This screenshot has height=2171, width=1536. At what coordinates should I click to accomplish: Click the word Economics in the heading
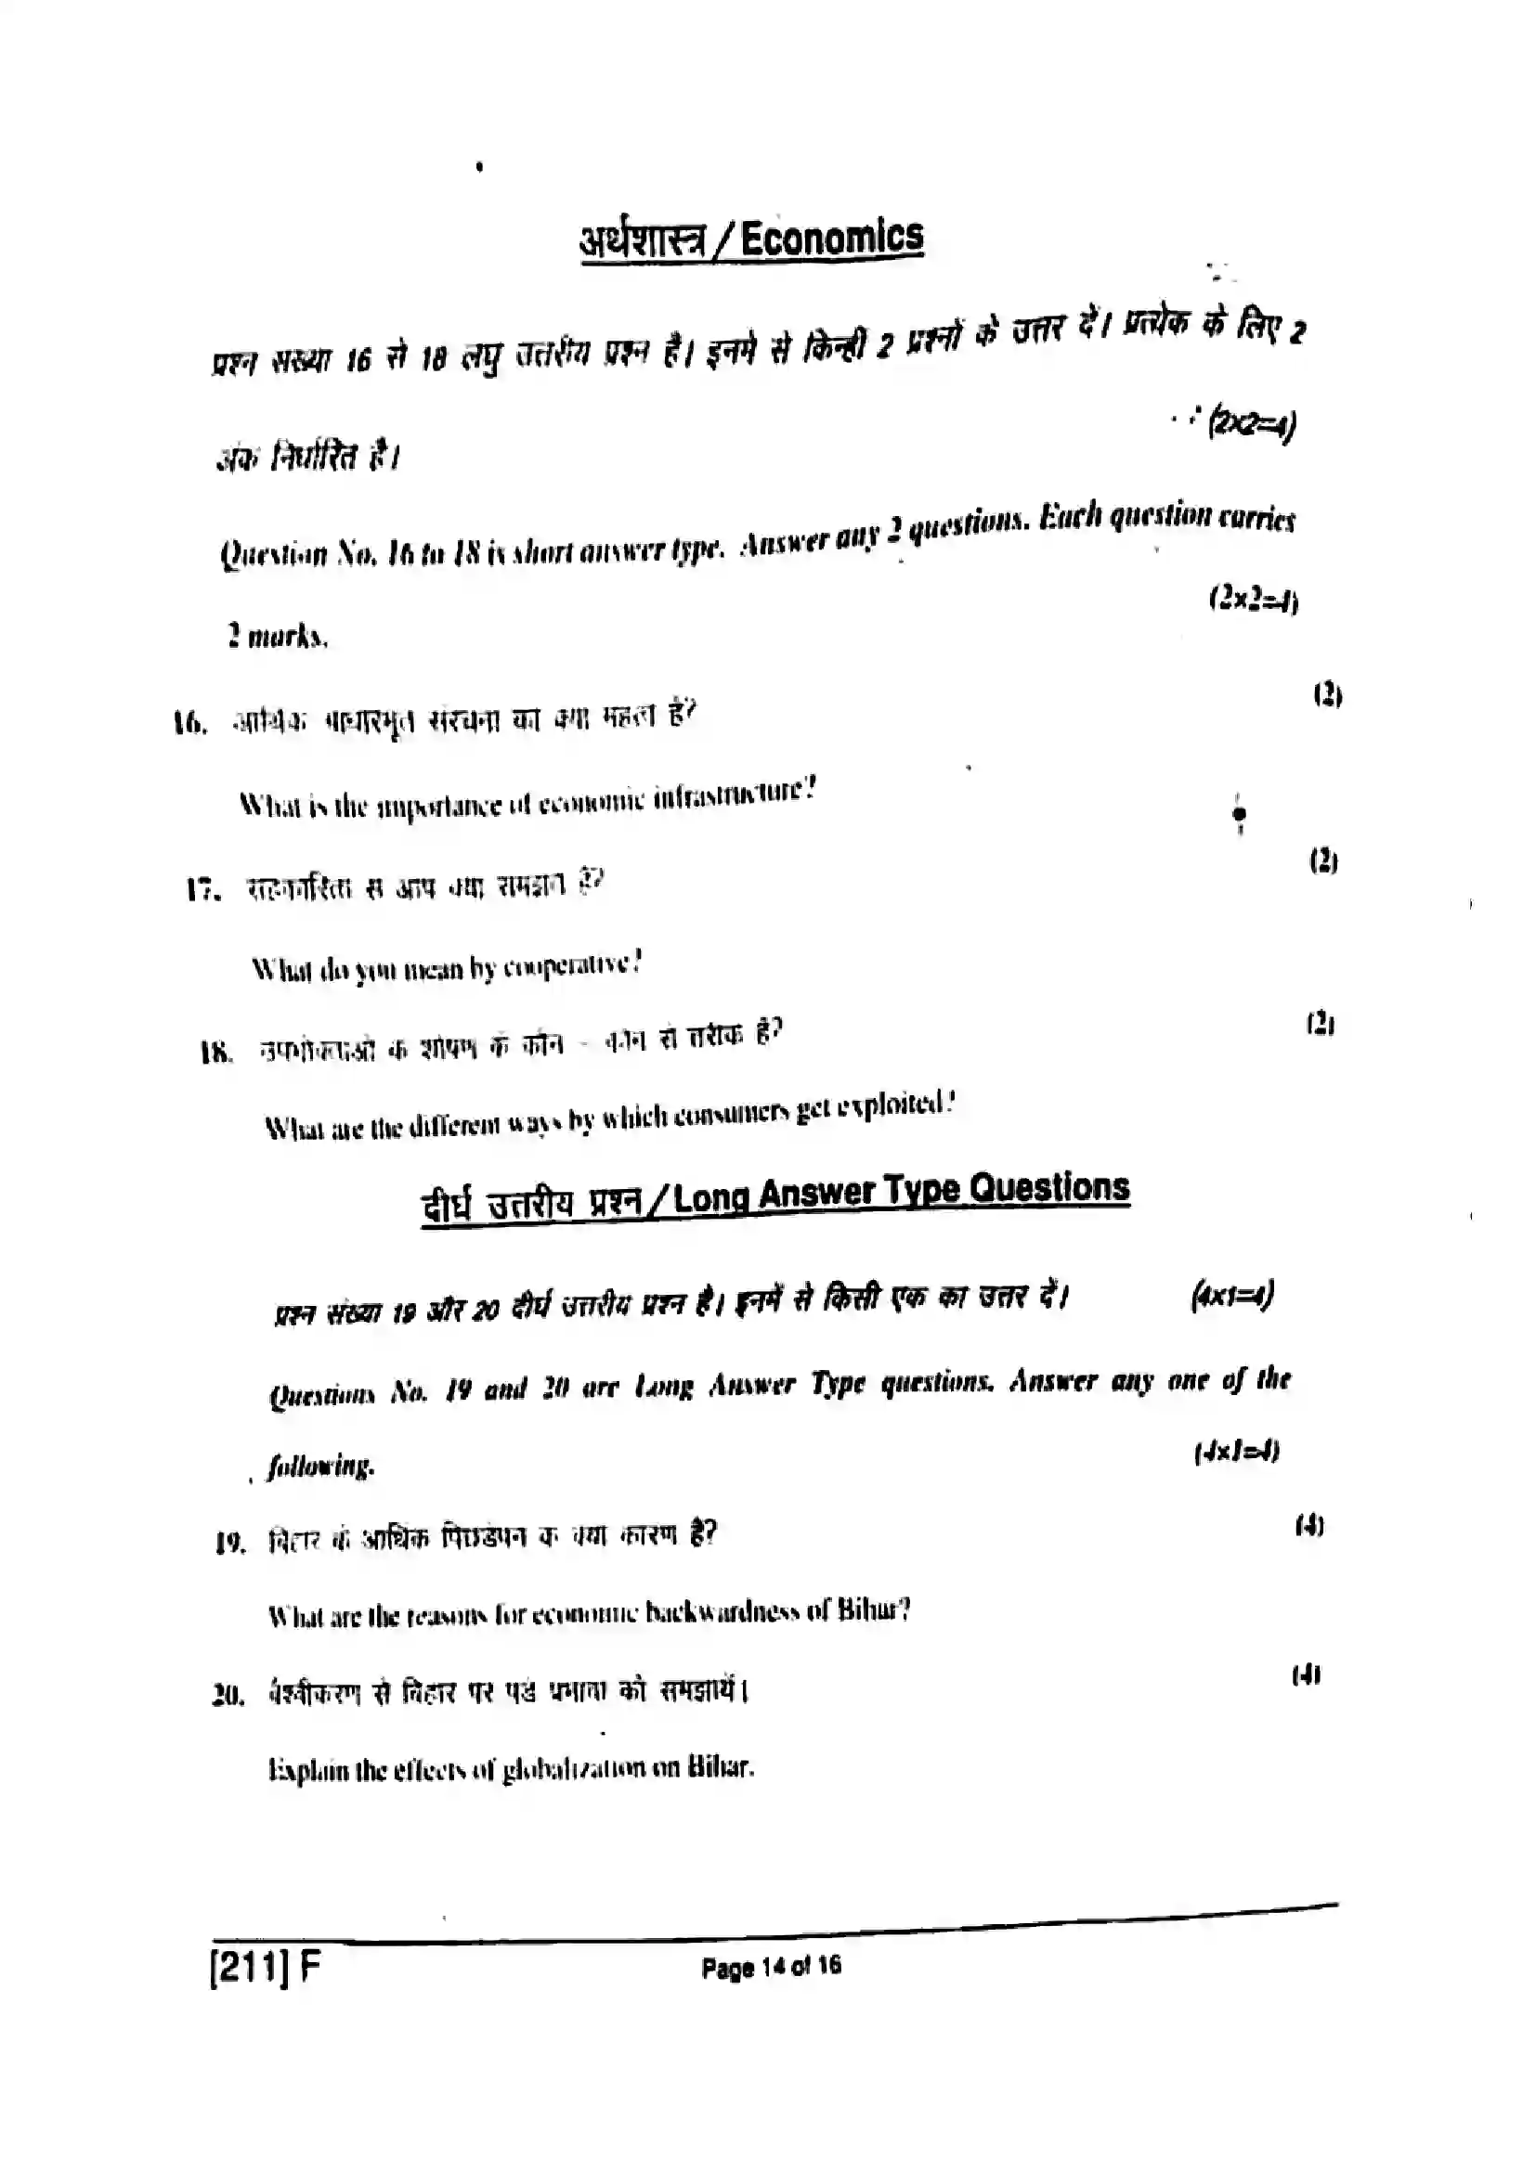coord(831,238)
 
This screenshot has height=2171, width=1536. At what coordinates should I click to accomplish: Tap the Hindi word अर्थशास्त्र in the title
coord(643,242)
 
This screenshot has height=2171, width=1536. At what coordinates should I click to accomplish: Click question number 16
coord(189,724)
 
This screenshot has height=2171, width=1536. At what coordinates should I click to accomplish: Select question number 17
coord(203,889)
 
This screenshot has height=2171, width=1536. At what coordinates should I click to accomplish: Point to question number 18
coord(215,1052)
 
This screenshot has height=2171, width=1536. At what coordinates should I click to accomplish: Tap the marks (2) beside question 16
coord(1327,695)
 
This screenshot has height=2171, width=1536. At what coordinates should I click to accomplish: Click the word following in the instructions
coord(320,1466)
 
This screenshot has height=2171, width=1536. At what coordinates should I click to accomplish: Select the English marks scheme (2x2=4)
coord(1252,600)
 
